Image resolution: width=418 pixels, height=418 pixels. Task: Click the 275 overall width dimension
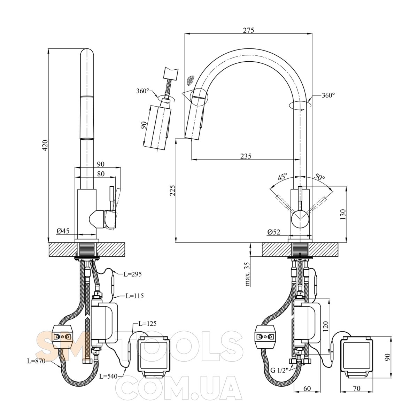tap(248, 30)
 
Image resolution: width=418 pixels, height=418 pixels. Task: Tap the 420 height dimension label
tap(45, 145)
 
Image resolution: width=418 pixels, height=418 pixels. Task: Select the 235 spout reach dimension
tap(246, 156)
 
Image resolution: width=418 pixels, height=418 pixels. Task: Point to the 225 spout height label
tap(172, 190)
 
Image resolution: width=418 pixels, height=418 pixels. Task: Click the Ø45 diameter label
tap(63, 231)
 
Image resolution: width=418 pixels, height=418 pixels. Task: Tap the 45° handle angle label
tap(282, 176)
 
